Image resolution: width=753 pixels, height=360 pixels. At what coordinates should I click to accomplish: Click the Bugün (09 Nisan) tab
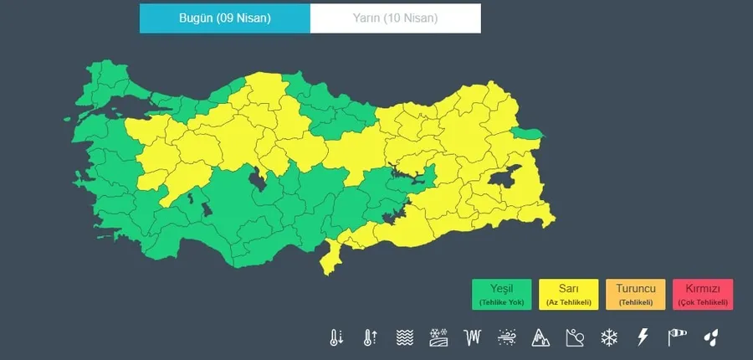[x=224, y=18]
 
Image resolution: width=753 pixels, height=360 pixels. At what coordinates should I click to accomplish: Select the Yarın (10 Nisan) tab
[x=395, y=18]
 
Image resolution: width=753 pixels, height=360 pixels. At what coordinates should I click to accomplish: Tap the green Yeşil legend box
[x=502, y=294]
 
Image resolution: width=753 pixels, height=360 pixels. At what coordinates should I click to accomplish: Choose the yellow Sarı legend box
[x=569, y=294]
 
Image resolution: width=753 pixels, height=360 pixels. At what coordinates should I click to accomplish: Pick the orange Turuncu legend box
[x=636, y=294]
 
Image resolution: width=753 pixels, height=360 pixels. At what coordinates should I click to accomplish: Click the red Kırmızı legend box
[x=703, y=294]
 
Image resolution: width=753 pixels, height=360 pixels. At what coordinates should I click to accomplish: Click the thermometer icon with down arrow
[x=336, y=338]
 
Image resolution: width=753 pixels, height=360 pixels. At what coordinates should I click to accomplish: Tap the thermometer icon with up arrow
[x=370, y=338]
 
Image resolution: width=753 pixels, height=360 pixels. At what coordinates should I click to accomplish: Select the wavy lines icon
[x=405, y=338]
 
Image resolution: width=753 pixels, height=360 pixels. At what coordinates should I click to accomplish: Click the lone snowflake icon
[x=608, y=338]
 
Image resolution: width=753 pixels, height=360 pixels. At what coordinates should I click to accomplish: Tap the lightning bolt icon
[x=643, y=338]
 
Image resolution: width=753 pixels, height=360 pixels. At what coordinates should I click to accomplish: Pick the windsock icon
[x=676, y=338]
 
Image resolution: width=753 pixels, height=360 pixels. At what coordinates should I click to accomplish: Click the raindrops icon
[x=710, y=338]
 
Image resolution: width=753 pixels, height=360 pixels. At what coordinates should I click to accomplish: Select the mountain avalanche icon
[x=540, y=338]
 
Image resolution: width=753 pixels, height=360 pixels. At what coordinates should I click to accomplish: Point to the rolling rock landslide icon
[x=575, y=338]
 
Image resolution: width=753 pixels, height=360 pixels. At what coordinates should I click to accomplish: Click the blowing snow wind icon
[x=507, y=338]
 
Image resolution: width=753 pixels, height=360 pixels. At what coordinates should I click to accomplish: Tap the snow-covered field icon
[x=439, y=338]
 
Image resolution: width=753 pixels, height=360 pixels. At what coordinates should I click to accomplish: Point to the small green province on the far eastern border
[x=527, y=134]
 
